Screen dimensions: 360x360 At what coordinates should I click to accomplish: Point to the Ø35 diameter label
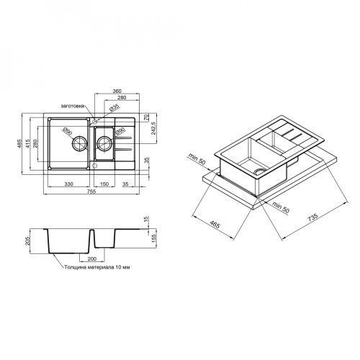pos(114,107)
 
